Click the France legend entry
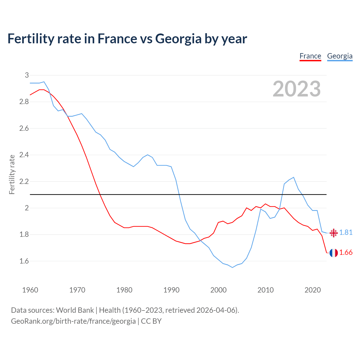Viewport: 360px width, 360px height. [x=310, y=56]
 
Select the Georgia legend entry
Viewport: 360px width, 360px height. [x=340, y=56]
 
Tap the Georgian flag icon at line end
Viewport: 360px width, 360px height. [x=334, y=233]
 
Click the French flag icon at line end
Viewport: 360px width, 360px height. [x=334, y=253]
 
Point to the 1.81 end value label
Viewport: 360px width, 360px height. [x=346, y=233]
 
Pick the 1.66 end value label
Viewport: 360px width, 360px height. [x=346, y=253]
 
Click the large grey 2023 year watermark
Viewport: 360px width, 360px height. [x=297, y=89]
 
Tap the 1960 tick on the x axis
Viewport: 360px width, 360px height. [x=30, y=290]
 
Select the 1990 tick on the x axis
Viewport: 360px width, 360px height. [x=171, y=290]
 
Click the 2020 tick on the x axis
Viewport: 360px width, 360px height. [x=312, y=290]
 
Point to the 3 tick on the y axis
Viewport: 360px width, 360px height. [x=27, y=75]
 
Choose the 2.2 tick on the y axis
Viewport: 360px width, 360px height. [x=24, y=181]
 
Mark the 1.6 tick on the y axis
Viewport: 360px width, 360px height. [x=24, y=261]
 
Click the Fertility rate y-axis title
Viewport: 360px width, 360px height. [x=12, y=174]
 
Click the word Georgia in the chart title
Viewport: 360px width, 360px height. [x=178, y=39]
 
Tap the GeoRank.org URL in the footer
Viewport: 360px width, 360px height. [x=73, y=321]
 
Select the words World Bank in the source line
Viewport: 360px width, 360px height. [x=75, y=310]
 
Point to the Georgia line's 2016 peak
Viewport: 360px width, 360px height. [x=294, y=177]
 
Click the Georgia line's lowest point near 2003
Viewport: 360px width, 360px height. [x=232, y=267]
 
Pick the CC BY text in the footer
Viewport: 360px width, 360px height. [x=151, y=321]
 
